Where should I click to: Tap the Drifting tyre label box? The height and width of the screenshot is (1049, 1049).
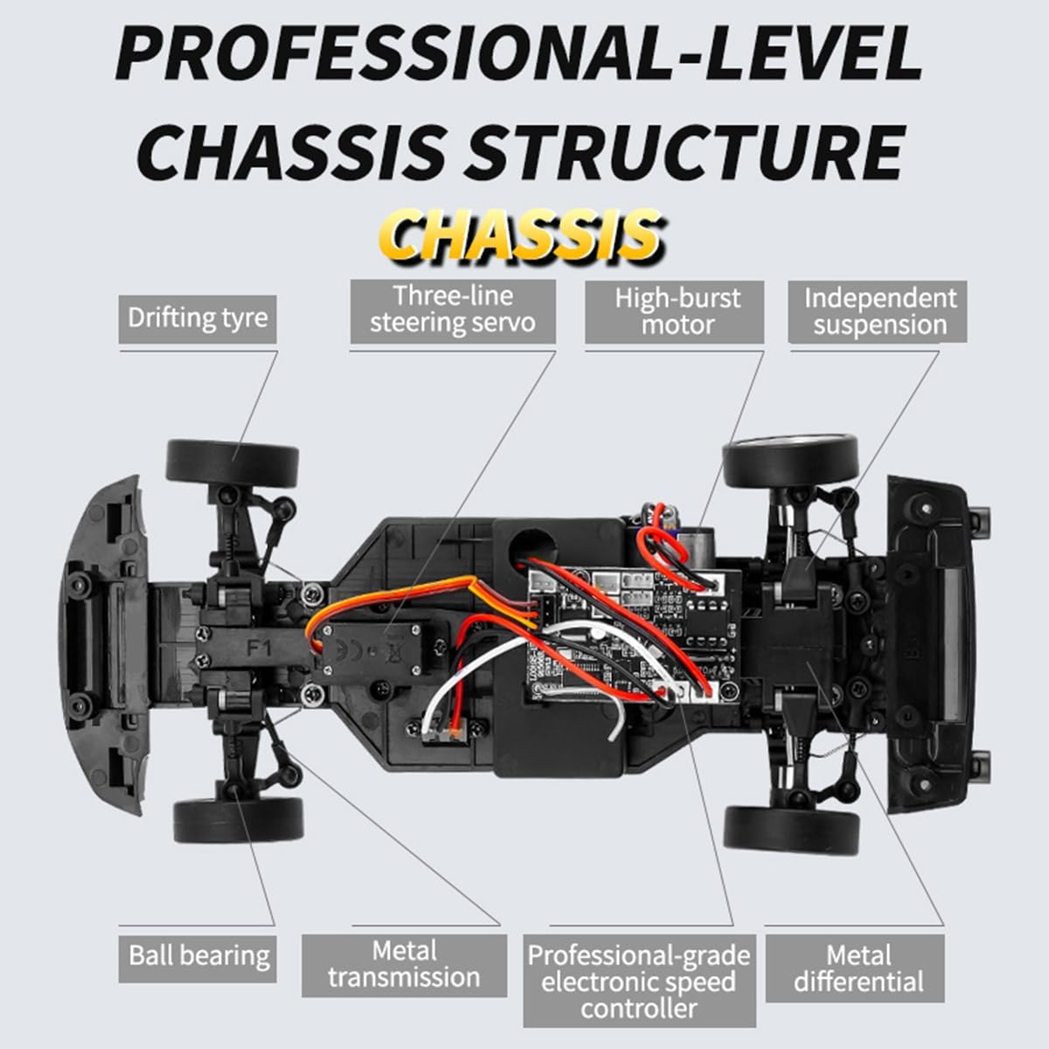pyautogui.click(x=198, y=319)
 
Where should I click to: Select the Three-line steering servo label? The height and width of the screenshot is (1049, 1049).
pyautogui.click(x=453, y=311)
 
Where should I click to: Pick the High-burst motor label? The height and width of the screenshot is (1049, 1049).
pyautogui.click(x=675, y=312)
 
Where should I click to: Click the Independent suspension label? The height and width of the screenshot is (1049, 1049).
pyautogui.click(x=878, y=312)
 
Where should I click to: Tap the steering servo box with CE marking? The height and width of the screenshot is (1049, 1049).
pyautogui.click(x=372, y=651)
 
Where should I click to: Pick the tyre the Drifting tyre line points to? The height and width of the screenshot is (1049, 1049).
pyautogui.click(x=233, y=464)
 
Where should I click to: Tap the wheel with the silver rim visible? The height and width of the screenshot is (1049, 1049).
pyautogui.click(x=790, y=462)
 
